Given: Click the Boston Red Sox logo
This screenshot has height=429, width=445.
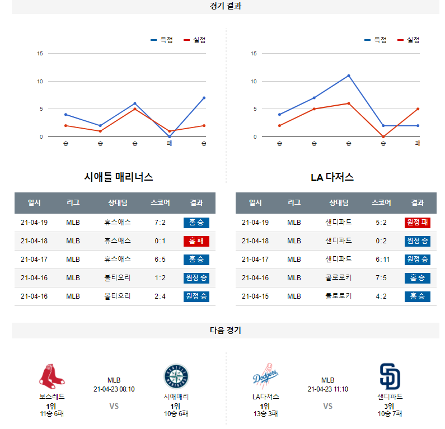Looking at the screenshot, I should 51,376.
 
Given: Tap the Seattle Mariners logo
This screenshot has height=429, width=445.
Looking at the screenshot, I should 176,376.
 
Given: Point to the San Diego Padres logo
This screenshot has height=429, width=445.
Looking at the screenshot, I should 390,376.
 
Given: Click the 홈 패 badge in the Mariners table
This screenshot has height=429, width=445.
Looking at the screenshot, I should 196,241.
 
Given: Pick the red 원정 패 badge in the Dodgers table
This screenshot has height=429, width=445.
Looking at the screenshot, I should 417,223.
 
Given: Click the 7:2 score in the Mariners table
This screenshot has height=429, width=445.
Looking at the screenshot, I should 160,223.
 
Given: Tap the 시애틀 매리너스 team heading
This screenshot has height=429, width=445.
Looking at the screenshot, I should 119,177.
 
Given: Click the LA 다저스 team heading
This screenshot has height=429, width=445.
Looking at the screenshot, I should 332,177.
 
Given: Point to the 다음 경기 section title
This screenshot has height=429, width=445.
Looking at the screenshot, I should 226,331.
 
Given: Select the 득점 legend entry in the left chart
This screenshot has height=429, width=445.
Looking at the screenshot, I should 162,40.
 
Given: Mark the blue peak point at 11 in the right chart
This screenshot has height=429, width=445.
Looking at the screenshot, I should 349,76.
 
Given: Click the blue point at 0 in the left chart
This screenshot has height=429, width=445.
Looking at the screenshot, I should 170,136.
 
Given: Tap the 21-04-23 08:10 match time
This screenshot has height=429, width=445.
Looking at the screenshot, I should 114,389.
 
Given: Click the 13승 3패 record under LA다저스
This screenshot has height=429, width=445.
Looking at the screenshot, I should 265,414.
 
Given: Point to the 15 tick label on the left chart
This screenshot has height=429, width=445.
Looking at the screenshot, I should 40,54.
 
